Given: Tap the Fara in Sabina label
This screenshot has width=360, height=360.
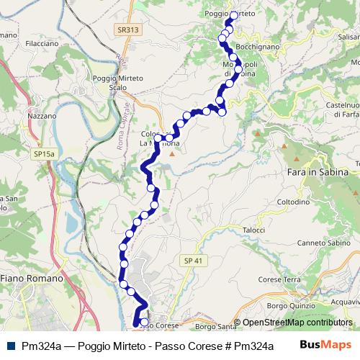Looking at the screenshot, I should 318,173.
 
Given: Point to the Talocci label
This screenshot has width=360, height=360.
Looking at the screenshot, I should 253,230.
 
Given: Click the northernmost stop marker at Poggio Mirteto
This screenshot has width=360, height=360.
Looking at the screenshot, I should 234,14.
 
